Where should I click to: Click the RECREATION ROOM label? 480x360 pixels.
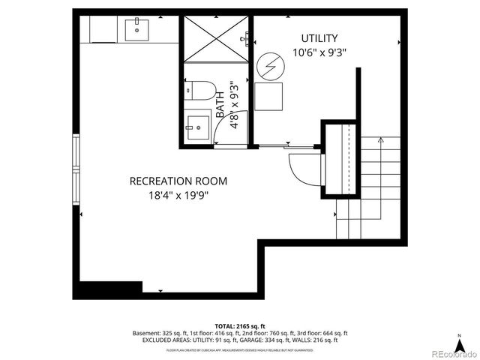pyautogui.click(x=178, y=181)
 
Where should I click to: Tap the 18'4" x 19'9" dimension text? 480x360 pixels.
pyautogui.click(x=178, y=196)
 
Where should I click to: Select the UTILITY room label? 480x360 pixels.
pyautogui.click(x=319, y=38)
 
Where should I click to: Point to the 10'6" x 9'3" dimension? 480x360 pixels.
pyautogui.click(x=319, y=53)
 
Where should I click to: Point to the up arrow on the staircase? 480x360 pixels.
pyautogui.click(x=381, y=140)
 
